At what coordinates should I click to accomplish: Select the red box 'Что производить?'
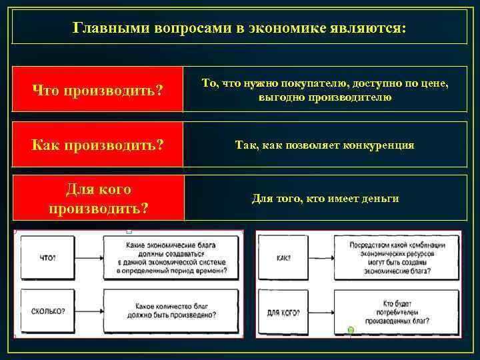point(97,89)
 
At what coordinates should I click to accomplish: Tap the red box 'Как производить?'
point(97,144)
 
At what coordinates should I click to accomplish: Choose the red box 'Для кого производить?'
point(97,198)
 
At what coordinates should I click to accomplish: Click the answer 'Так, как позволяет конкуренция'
point(325,144)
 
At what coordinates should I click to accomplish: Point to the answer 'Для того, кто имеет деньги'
point(325,198)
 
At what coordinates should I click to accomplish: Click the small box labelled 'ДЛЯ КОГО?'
point(283,311)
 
